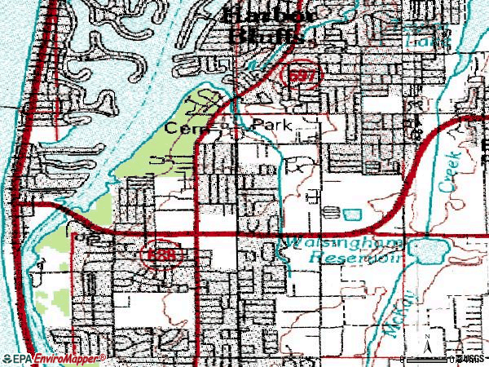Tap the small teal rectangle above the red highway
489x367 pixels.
pyautogui.click(x=351, y=214)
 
